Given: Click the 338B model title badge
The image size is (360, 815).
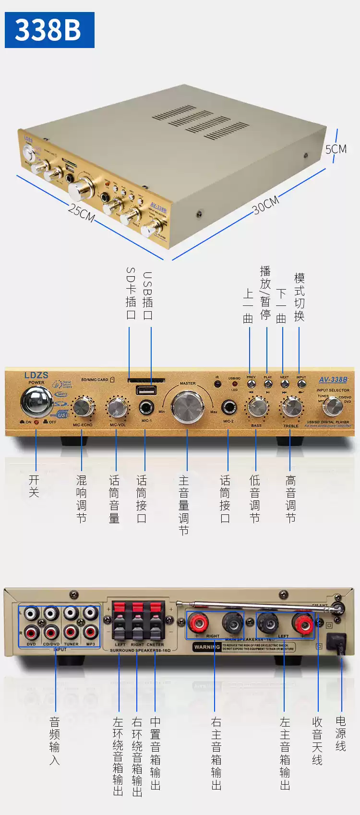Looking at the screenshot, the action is [49, 30].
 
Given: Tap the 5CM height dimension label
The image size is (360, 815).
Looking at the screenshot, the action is [336, 149].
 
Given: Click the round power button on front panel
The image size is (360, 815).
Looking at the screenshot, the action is [36, 401].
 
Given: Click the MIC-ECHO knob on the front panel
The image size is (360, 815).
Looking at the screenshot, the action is [83, 407].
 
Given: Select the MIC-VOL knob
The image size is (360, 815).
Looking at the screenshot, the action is [117, 407].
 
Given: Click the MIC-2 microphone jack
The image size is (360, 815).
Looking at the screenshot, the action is [228, 408].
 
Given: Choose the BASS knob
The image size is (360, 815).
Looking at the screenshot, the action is [257, 407].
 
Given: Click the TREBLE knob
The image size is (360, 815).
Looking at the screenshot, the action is [291, 408].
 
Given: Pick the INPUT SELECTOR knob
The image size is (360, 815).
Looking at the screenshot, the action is [332, 407].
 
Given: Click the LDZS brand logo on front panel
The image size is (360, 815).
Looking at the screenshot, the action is [36, 375].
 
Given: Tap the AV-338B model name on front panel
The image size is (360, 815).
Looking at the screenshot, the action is [333, 379].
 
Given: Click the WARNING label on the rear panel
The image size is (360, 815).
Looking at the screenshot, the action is [207, 647].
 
